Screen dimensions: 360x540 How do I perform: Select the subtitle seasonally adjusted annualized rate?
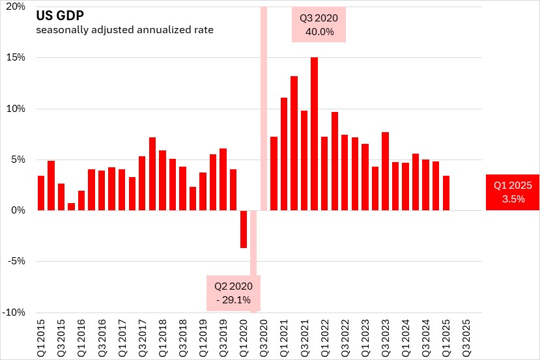(x=124, y=29)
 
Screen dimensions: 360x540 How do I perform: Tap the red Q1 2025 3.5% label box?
(x=513, y=192)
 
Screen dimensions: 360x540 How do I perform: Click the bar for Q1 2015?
(x=41, y=193)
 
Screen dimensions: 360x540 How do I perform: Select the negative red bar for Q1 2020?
(x=244, y=228)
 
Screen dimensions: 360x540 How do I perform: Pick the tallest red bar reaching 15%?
(x=314, y=133)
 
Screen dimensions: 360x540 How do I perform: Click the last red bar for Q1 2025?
(x=446, y=193)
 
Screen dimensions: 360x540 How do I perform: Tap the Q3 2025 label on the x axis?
(x=466, y=335)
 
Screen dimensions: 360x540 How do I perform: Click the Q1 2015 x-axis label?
(x=41, y=335)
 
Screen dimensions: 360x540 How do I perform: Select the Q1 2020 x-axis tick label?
(x=244, y=335)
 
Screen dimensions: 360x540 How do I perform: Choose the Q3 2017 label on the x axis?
(x=142, y=335)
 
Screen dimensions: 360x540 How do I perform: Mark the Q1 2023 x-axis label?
(x=365, y=335)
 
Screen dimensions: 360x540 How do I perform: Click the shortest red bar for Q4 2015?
(x=71, y=207)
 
